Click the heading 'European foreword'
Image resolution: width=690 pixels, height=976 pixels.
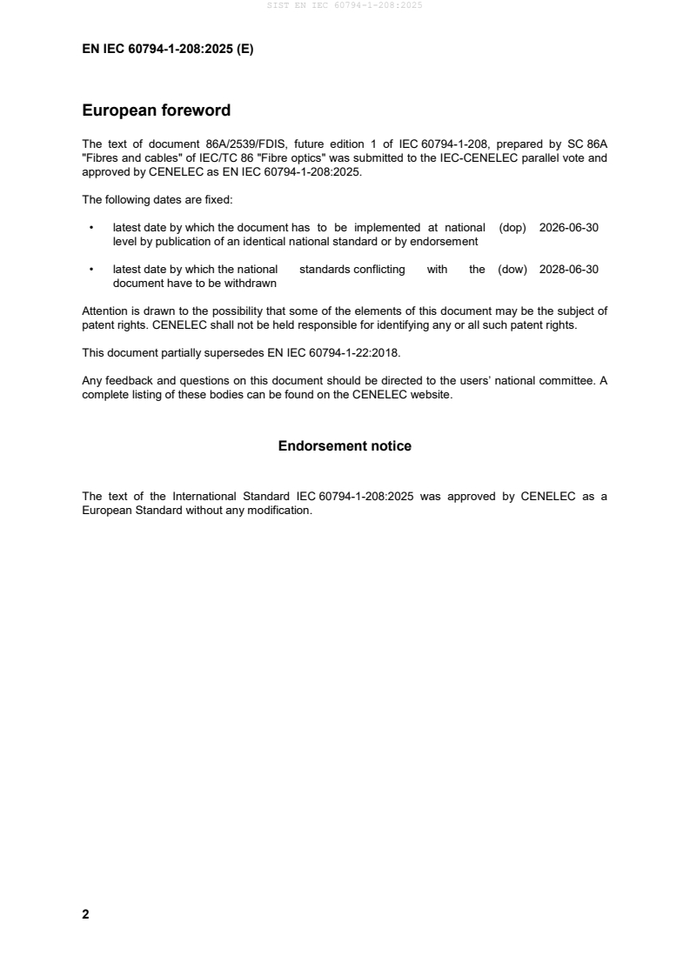(x=156, y=110)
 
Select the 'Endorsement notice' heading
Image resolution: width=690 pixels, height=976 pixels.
(x=345, y=446)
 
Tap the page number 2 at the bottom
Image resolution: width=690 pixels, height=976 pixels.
(x=85, y=914)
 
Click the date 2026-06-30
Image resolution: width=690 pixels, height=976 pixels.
(x=568, y=227)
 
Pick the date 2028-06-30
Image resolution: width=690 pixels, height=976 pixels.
(x=568, y=270)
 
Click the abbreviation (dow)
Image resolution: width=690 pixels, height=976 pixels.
(x=512, y=270)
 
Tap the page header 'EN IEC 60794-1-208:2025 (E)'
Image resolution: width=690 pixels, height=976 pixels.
(x=167, y=50)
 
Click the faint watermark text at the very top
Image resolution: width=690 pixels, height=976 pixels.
(x=345, y=6)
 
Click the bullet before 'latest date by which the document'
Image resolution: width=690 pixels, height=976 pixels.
(x=91, y=227)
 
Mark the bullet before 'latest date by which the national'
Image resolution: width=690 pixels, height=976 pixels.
(x=91, y=270)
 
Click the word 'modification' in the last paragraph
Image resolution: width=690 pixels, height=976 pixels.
(x=278, y=511)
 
